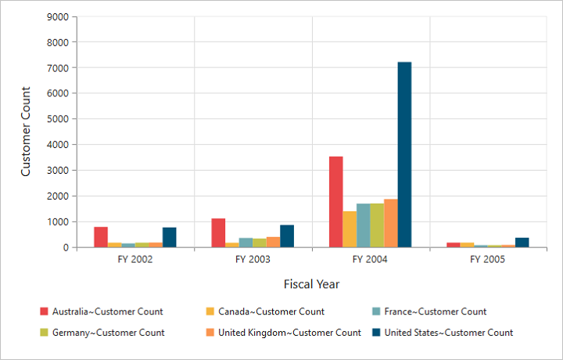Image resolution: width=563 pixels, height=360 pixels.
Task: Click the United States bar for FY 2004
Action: (404, 155)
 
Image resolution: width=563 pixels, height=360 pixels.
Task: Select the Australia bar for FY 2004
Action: (335, 202)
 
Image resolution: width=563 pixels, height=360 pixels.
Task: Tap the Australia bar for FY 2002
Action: (101, 237)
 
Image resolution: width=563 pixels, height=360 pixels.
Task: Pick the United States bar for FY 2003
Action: (287, 236)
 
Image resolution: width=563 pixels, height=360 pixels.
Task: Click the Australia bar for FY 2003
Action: (218, 232)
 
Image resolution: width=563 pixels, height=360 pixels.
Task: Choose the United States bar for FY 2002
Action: (170, 237)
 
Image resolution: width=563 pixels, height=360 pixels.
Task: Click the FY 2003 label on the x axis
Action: (253, 259)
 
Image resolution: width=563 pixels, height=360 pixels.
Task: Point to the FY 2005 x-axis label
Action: (488, 259)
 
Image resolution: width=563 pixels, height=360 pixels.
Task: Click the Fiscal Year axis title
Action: (311, 283)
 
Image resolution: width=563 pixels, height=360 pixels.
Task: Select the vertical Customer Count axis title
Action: (26, 131)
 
